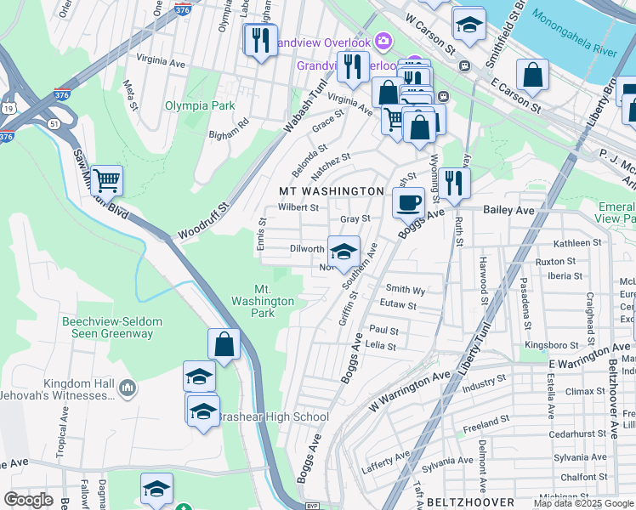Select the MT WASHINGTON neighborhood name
332,191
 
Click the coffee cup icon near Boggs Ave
408,203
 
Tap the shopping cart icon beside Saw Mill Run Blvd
106,179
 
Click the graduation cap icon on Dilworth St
344,252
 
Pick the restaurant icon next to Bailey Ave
454,183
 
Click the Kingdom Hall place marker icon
128,388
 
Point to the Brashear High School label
273,416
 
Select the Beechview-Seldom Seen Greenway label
107,327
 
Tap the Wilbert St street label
298,207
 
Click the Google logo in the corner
28,500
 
